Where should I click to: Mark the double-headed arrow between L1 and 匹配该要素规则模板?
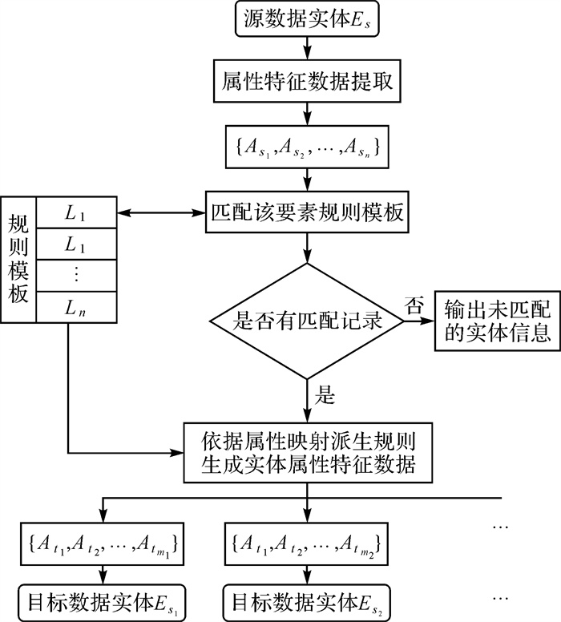pos(160,213)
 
